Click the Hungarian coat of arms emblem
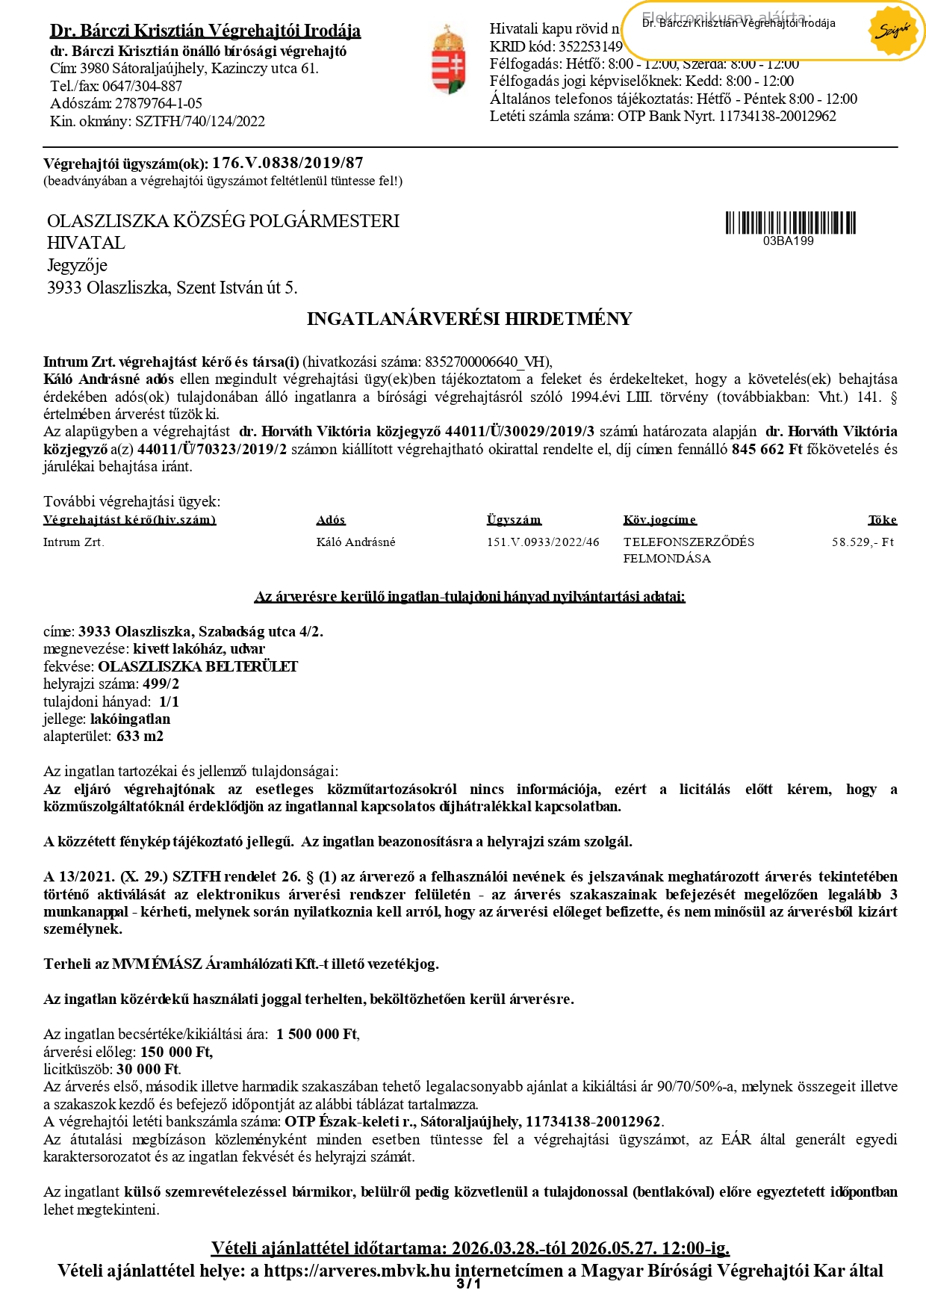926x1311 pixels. (449, 60)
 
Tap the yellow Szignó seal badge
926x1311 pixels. (892, 31)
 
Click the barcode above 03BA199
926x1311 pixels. (790, 223)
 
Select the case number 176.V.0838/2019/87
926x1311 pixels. (288, 163)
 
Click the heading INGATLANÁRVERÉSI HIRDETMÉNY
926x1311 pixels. (469, 319)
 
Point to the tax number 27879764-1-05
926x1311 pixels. (158, 104)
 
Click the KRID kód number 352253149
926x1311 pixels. (591, 46)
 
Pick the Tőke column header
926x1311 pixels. (882, 520)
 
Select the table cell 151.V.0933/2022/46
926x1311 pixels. (543, 542)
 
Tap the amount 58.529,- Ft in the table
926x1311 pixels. (863, 542)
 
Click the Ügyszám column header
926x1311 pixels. (514, 520)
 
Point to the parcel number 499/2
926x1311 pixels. (161, 684)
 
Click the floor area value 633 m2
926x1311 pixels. (140, 737)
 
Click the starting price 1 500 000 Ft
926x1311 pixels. (317, 1035)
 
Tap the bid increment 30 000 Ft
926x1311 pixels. (148, 1070)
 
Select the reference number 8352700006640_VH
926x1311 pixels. (486, 362)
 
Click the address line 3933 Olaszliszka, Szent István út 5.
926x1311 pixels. (172, 288)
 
